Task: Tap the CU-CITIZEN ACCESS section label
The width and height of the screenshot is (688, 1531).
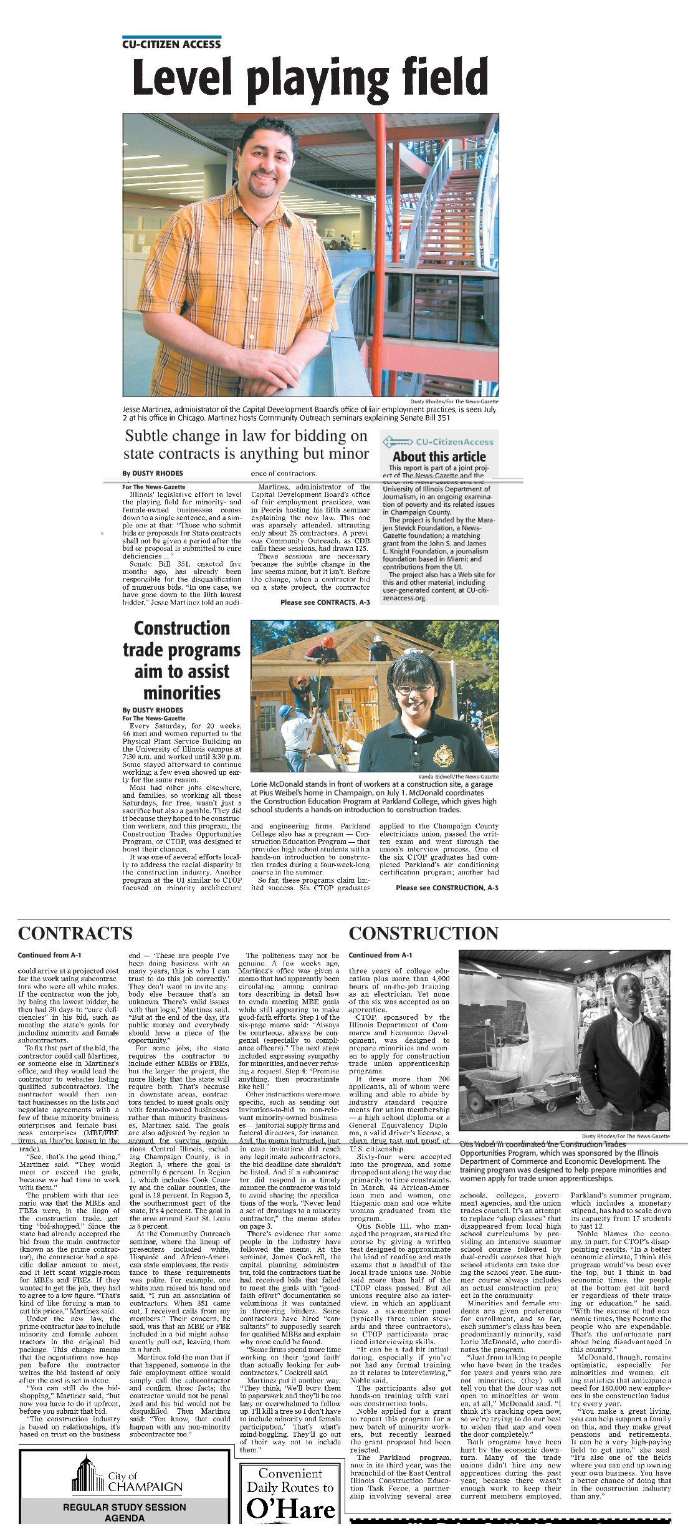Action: click(x=171, y=44)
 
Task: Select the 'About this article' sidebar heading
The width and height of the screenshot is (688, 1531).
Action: click(x=439, y=456)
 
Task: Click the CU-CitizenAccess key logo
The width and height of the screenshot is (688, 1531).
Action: click(x=397, y=442)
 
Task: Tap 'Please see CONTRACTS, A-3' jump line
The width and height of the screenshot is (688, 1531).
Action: click(x=325, y=602)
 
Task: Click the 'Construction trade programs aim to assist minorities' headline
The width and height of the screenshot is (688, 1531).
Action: click(x=181, y=660)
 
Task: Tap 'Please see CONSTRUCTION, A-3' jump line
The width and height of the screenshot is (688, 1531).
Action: click(x=447, y=888)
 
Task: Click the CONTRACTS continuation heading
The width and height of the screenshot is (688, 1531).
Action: click(x=75, y=933)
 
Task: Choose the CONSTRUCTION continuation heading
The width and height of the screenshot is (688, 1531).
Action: click(x=423, y=933)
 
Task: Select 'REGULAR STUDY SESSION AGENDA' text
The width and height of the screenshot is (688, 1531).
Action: click(x=124, y=1512)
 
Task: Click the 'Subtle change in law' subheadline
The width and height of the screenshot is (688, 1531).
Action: click(x=246, y=444)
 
